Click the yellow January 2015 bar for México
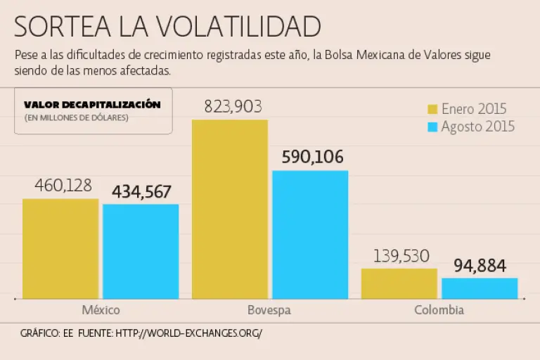(60, 248)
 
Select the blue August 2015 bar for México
(141, 251)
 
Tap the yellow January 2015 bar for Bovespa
(230, 209)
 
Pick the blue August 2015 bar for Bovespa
(310, 234)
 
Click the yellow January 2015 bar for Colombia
(399, 283)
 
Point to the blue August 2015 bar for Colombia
(480, 288)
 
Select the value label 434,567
(141, 191)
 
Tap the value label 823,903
(233, 107)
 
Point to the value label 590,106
(313, 157)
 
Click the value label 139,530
(401, 256)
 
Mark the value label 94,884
(480, 266)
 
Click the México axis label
(101, 310)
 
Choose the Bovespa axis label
(269, 310)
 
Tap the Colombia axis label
(439, 310)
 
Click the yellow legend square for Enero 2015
(433, 109)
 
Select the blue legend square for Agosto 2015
(433, 127)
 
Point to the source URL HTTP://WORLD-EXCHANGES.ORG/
(188, 333)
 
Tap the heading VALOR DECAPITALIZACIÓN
(92, 105)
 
